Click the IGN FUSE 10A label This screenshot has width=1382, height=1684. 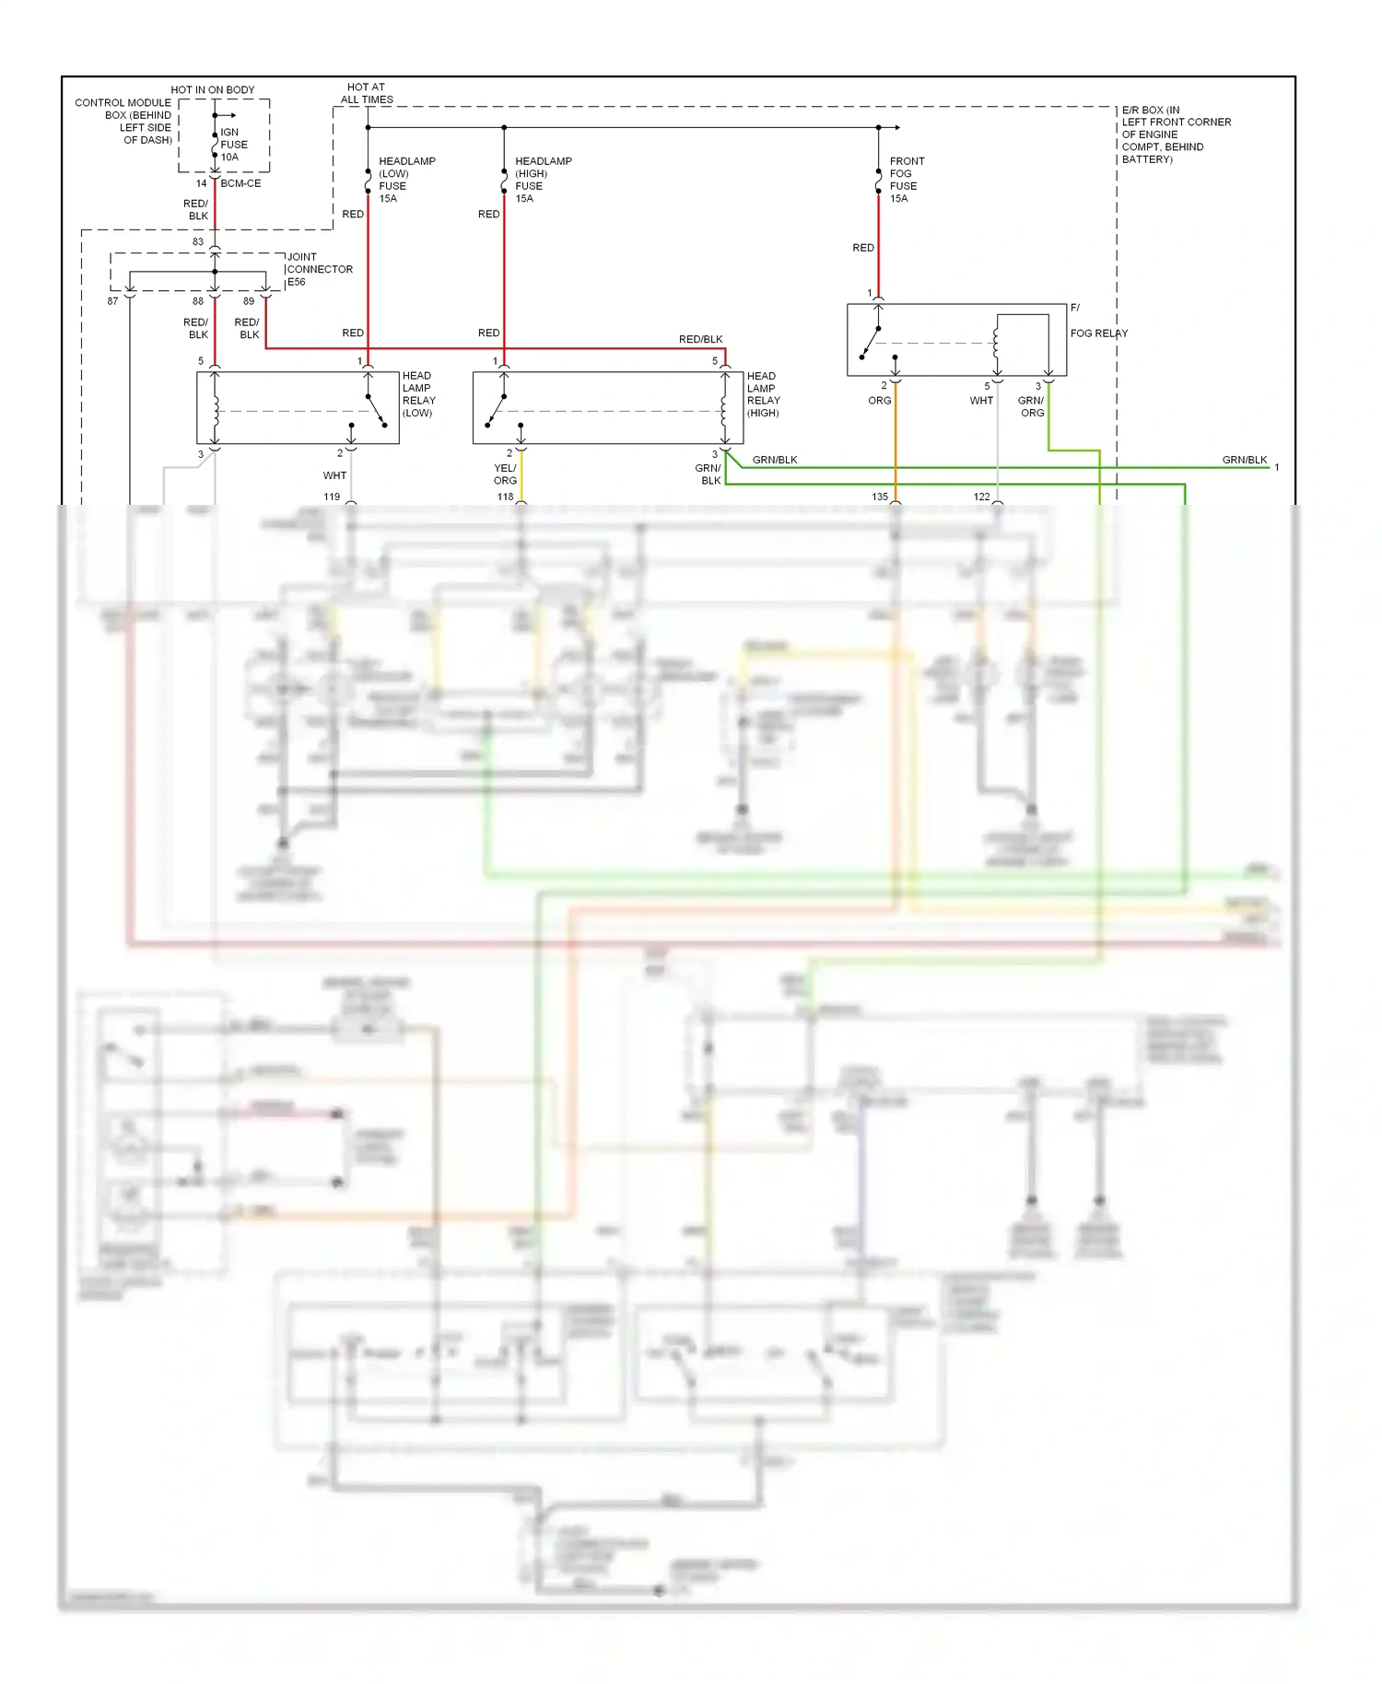point(233,145)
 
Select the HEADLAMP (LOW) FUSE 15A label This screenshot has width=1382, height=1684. point(406,180)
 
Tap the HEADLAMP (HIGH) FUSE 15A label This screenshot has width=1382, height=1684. point(543,180)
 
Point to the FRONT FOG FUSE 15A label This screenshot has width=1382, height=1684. point(907,180)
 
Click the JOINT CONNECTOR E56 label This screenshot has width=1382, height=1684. point(319,269)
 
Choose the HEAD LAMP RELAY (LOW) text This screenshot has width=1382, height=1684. point(418,394)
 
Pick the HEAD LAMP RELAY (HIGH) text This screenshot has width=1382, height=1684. point(763,394)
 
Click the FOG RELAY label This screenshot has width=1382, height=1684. point(1098,333)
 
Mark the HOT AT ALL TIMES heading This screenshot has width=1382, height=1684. point(367,93)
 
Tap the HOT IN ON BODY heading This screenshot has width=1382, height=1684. point(212,89)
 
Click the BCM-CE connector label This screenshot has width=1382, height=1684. point(240,183)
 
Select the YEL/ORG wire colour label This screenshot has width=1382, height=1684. point(505,474)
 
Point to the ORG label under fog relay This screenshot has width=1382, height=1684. point(879,401)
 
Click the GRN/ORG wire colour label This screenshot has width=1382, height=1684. point(1031,406)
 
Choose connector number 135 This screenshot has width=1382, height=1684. point(880,497)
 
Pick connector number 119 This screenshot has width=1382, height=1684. point(332,497)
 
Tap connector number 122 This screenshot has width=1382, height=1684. point(981,497)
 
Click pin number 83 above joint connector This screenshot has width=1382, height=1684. point(198,241)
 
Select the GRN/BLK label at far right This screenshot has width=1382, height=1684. point(1244,460)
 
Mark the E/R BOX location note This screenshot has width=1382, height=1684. point(1175,134)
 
